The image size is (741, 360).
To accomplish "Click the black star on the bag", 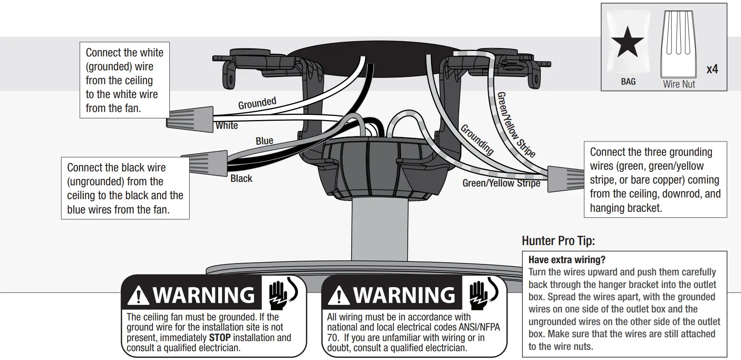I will tap(628, 42).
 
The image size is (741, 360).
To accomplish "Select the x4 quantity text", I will tap(712, 69).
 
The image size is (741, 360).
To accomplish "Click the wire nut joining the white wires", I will tap(191, 119).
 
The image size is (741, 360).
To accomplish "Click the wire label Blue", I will tap(265, 141).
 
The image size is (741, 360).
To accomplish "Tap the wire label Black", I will tap(241, 179).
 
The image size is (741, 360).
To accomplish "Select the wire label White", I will tap(227, 125).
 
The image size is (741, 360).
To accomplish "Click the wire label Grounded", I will tap(257, 103).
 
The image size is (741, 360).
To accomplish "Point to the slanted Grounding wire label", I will tap(477, 139).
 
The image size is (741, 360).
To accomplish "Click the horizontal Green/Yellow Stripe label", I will tap(501, 183).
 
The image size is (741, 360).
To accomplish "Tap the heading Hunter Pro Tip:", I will tap(558, 241).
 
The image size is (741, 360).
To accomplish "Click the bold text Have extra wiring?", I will tap(567, 260).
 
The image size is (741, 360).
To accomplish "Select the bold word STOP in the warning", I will tap(219, 338).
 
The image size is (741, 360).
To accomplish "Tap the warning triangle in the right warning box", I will tap(338, 296).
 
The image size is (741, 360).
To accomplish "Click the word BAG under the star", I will tap(628, 82).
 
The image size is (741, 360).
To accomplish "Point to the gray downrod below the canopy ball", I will tap(380, 229).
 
